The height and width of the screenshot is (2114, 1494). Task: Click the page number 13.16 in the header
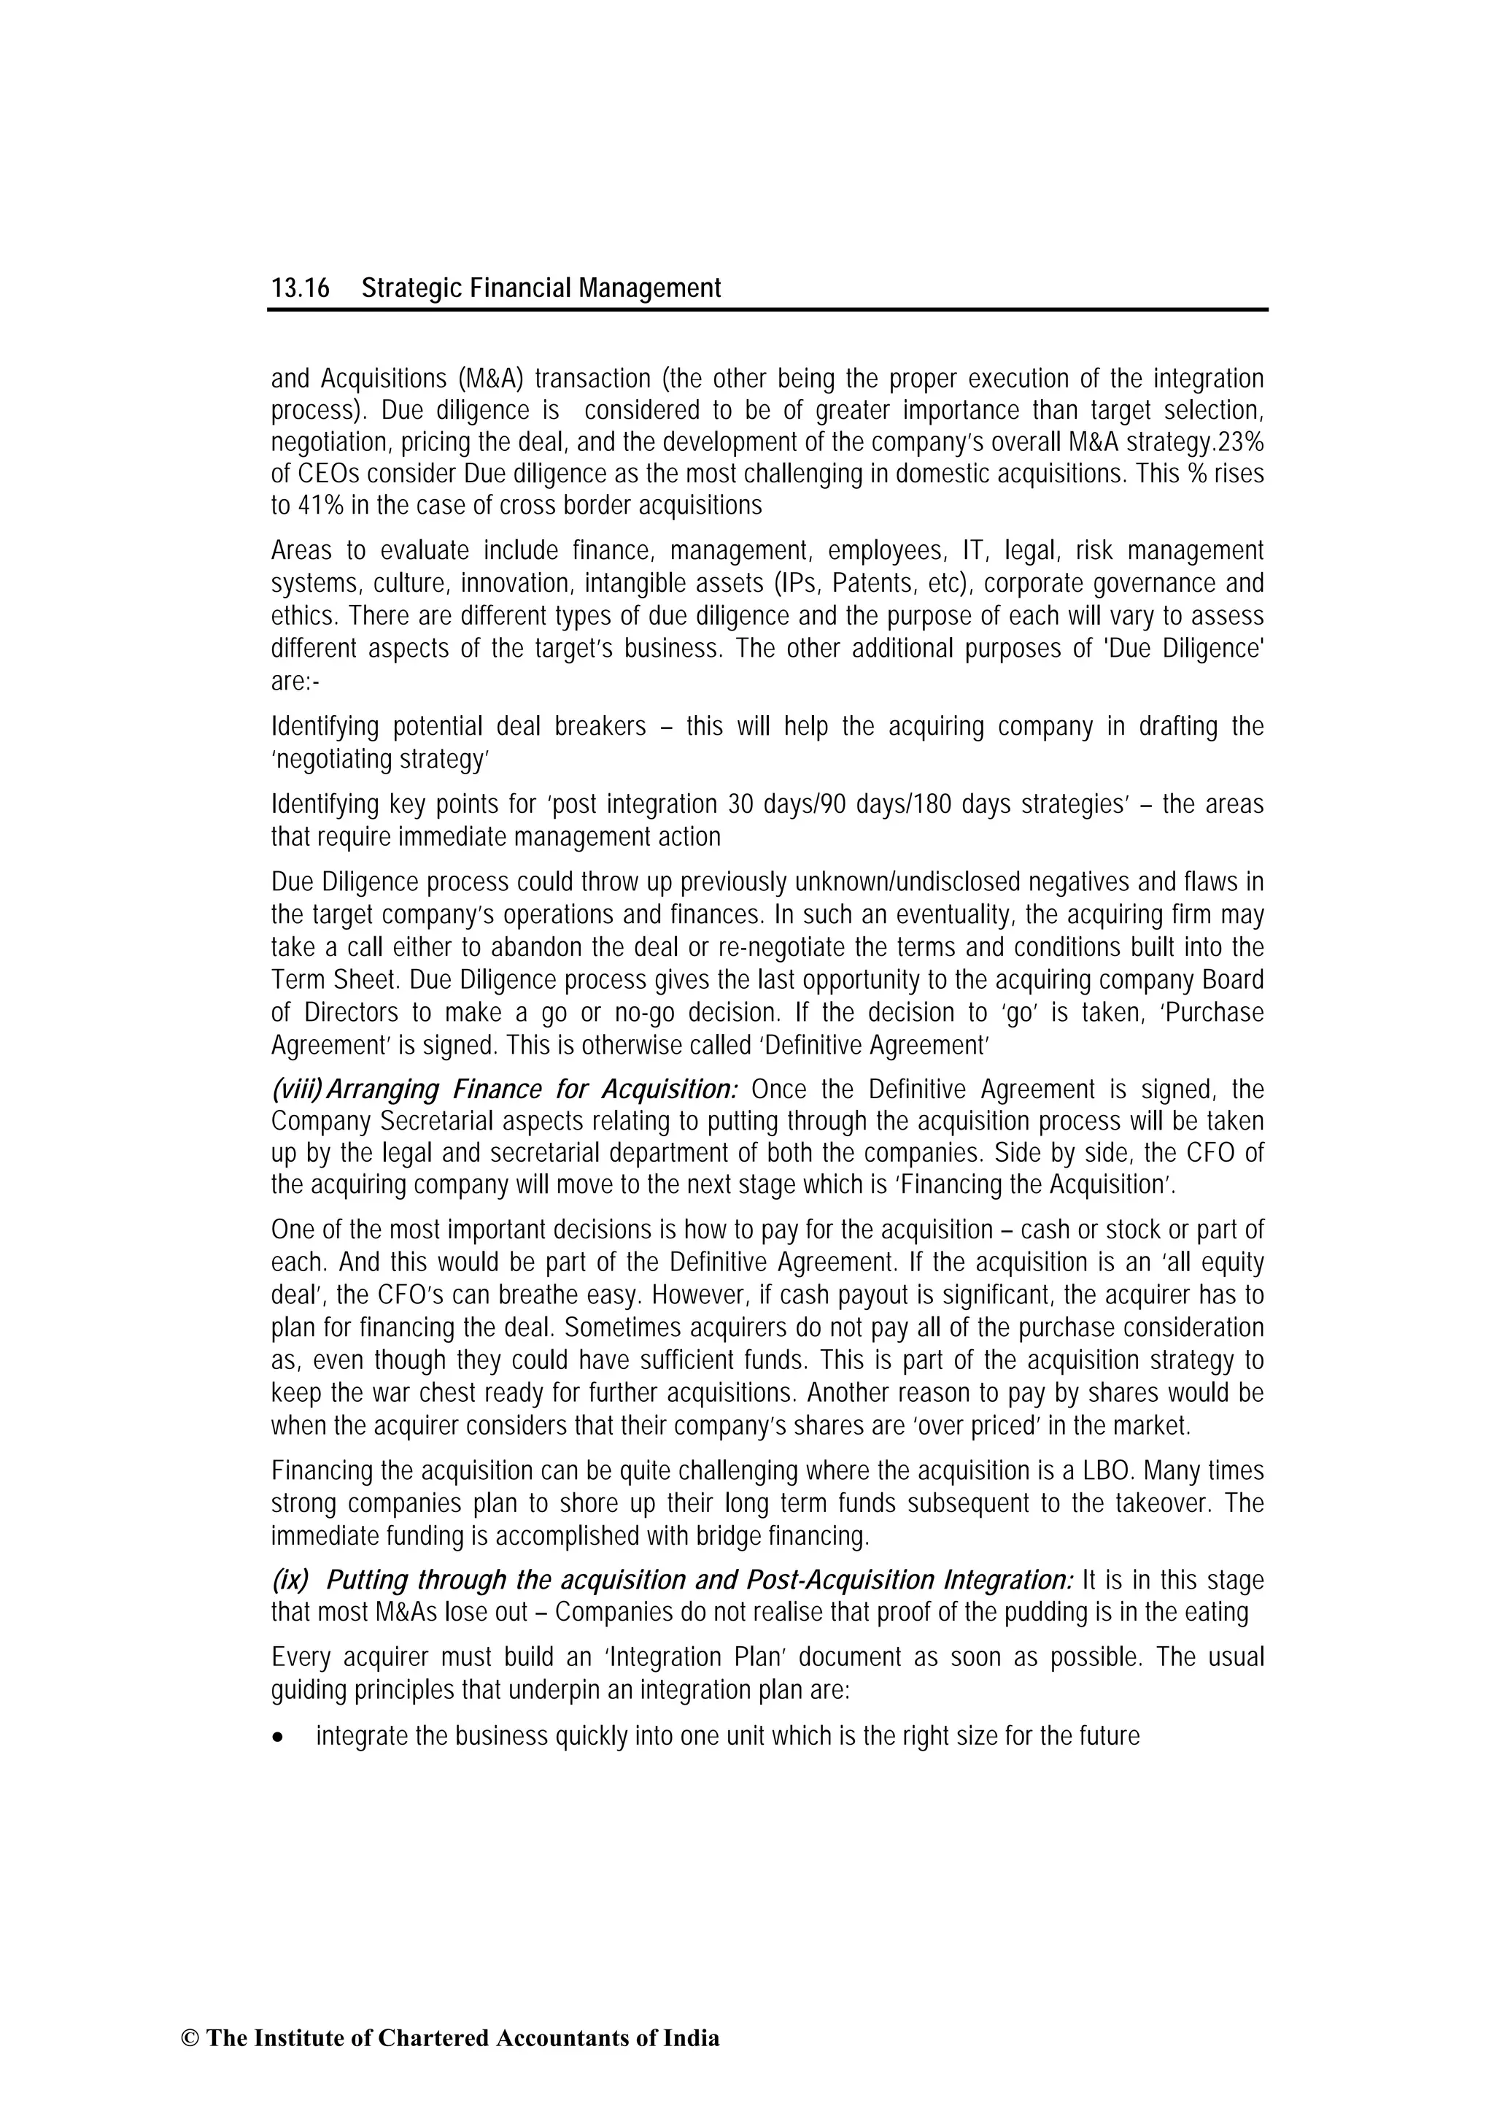click(299, 289)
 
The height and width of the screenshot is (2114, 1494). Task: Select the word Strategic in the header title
click(411, 289)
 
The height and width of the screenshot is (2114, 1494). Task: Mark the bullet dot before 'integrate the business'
click(278, 1737)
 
